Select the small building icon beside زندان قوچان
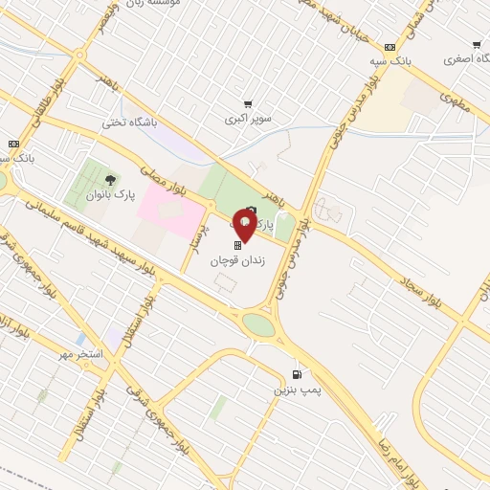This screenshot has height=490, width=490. click(x=238, y=246)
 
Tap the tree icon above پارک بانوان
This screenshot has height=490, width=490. click(x=112, y=179)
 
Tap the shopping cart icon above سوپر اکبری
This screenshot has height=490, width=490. click(x=248, y=104)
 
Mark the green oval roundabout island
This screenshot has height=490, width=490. click(x=258, y=323)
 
